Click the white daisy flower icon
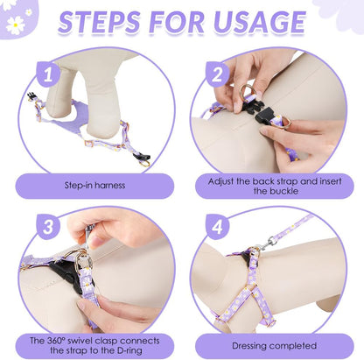tap(15, 25)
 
